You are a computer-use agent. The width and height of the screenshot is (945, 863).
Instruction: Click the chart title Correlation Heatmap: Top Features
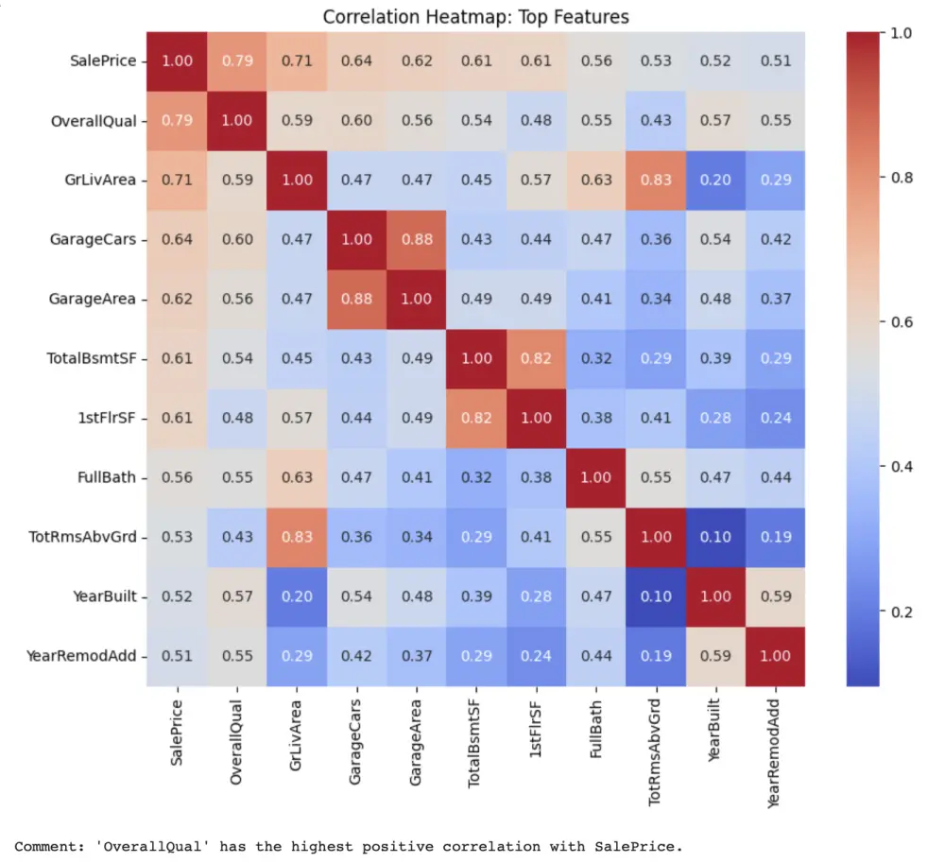click(475, 17)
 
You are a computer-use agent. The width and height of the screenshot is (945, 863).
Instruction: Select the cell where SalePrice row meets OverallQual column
click(238, 61)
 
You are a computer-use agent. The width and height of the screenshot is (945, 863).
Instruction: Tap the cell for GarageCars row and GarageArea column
click(417, 239)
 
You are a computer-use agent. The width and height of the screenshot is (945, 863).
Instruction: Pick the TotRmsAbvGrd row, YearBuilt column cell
click(715, 537)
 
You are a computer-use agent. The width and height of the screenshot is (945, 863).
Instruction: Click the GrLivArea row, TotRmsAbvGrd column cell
click(656, 180)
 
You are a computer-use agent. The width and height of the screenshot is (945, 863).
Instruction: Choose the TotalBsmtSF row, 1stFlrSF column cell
click(536, 358)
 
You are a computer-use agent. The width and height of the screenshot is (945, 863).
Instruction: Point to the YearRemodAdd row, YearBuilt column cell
click(715, 656)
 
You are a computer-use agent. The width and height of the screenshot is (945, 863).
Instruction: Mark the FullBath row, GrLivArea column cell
click(298, 477)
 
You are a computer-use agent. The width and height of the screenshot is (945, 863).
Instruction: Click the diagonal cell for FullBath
click(596, 477)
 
